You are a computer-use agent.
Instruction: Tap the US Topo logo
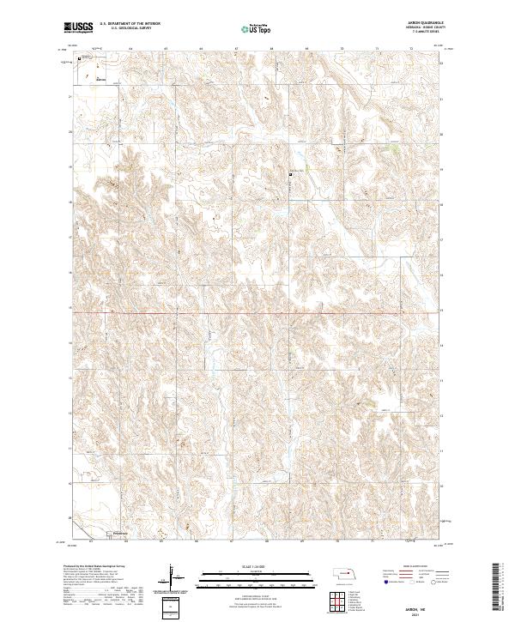[249, 29]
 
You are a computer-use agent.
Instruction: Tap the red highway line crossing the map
[257, 313]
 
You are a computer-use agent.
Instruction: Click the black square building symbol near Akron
[79, 59]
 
